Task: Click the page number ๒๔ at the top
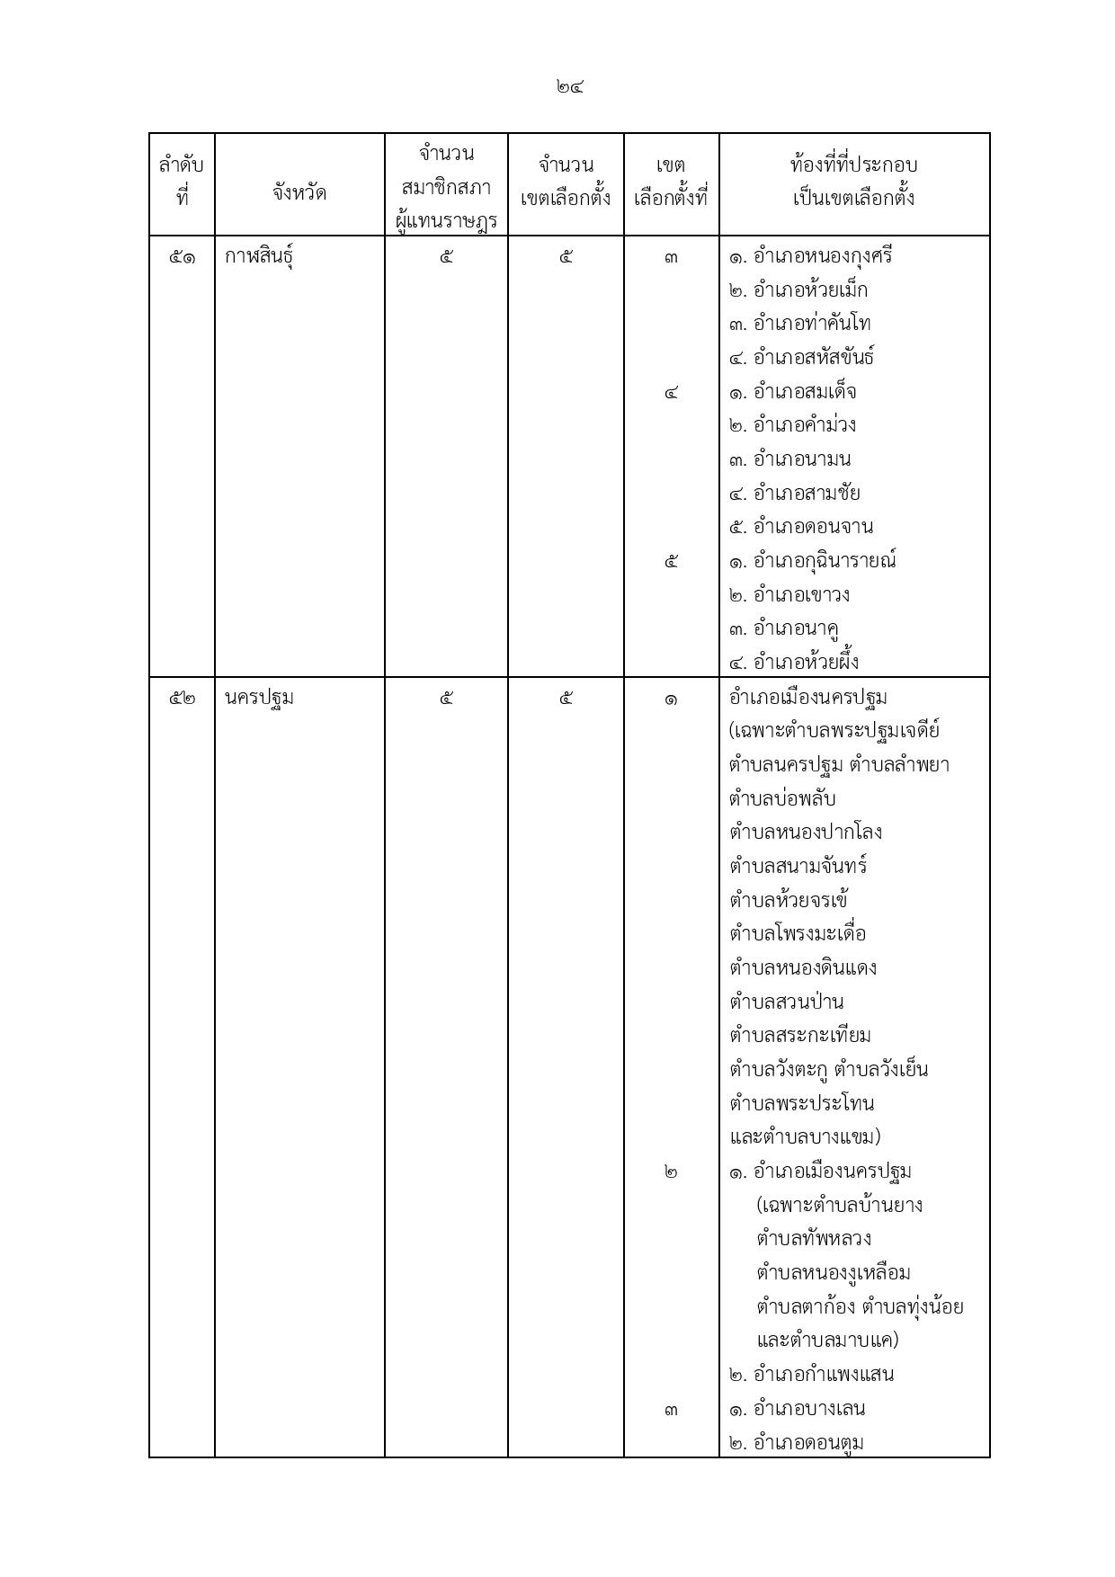click(x=570, y=87)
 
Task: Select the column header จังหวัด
click(x=299, y=192)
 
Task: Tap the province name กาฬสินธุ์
click(x=259, y=257)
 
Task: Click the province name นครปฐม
click(x=259, y=698)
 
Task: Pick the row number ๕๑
click(x=182, y=257)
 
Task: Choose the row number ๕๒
click(x=182, y=698)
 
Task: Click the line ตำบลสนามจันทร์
click(x=798, y=866)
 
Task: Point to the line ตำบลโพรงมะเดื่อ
click(x=798, y=933)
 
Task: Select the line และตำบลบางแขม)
click(x=805, y=1136)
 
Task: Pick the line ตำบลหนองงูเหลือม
click(x=834, y=1273)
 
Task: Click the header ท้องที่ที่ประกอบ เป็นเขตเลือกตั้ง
click(x=853, y=182)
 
